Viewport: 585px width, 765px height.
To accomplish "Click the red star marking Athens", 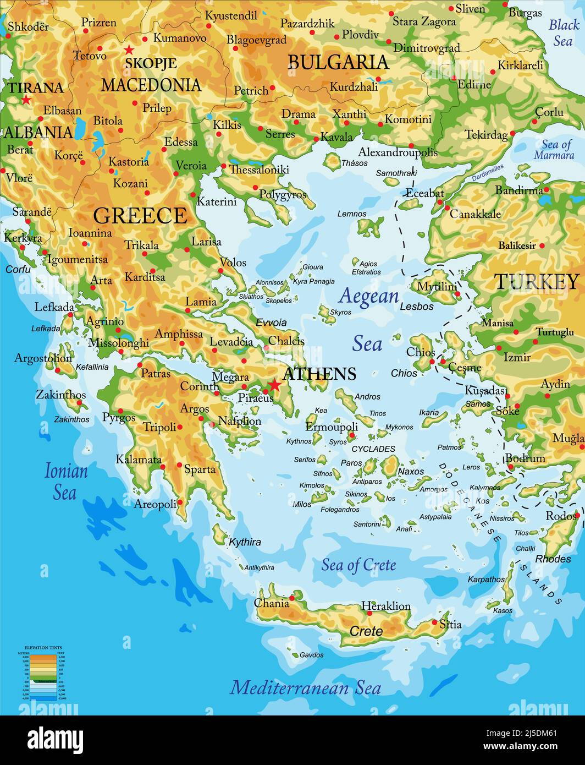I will (x=274, y=385).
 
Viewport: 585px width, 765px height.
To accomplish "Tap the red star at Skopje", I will (x=129, y=50).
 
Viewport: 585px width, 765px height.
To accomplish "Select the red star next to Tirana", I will (x=26, y=100).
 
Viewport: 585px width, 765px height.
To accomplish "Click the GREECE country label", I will (x=140, y=216).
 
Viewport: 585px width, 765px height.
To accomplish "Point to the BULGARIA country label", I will (x=338, y=62).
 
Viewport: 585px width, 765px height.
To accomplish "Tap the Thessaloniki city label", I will (x=259, y=170).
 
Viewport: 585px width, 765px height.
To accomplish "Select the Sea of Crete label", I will (x=358, y=565).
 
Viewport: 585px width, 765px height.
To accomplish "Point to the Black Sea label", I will (x=564, y=32).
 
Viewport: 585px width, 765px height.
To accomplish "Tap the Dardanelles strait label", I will (x=488, y=173).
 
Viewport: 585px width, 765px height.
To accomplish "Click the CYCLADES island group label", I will (x=373, y=449).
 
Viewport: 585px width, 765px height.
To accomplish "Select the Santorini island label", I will (x=367, y=524).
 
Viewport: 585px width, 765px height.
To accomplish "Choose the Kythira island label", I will (x=245, y=542).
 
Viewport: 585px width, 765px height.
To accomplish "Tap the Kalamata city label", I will (x=139, y=460).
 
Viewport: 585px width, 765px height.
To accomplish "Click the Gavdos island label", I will (x=311, y=655).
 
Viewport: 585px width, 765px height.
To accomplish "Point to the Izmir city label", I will (x=517, y=357).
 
